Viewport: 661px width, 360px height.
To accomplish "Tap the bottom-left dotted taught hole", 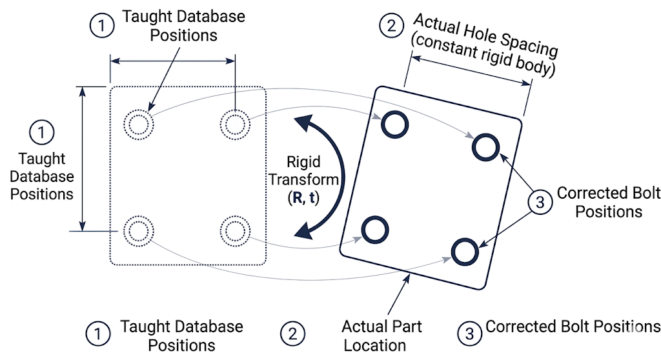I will coord(137,230).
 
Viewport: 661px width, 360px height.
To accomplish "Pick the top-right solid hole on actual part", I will coord(485,147).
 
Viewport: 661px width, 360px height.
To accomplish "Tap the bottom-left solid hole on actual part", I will coord(374,229).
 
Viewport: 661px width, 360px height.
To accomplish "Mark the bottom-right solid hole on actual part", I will coord(465,252).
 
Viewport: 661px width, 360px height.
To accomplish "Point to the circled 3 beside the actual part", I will coord(541,202).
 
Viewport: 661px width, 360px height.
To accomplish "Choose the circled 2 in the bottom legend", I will coord(292,334).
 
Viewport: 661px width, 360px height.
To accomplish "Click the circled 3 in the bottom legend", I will coord(469,334).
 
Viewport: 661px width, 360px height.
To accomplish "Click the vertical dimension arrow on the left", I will coord(83,158).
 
